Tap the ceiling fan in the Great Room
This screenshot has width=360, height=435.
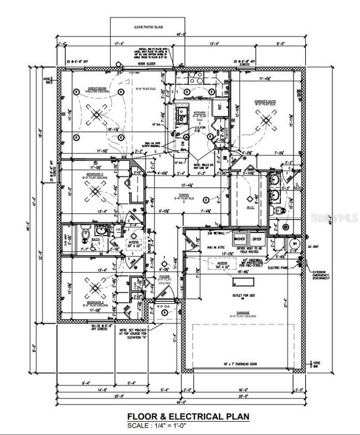pyautogui.click(x=97, y=115)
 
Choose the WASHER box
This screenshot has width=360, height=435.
pyautogui.click(x=240, y=239)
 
